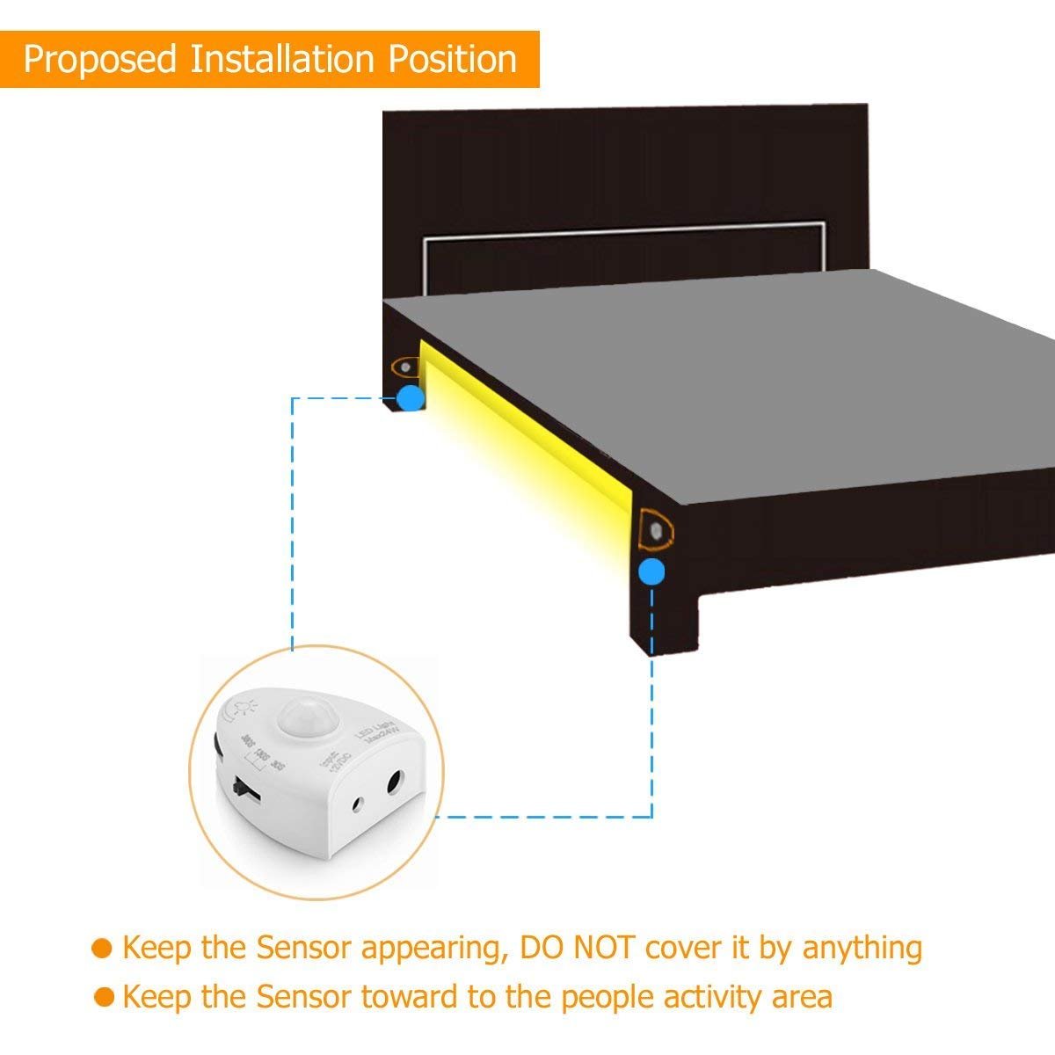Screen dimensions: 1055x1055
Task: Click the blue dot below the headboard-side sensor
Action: [410, 398]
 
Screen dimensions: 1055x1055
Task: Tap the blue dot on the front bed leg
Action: [651, 572]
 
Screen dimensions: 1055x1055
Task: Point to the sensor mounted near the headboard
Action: [405, 365]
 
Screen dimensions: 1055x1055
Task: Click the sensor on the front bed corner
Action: [657, 530]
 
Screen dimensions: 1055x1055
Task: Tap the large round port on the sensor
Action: [394, 782]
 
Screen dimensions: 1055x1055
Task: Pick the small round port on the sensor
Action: [358, 804]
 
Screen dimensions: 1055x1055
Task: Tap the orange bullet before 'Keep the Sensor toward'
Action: [105, 997]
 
